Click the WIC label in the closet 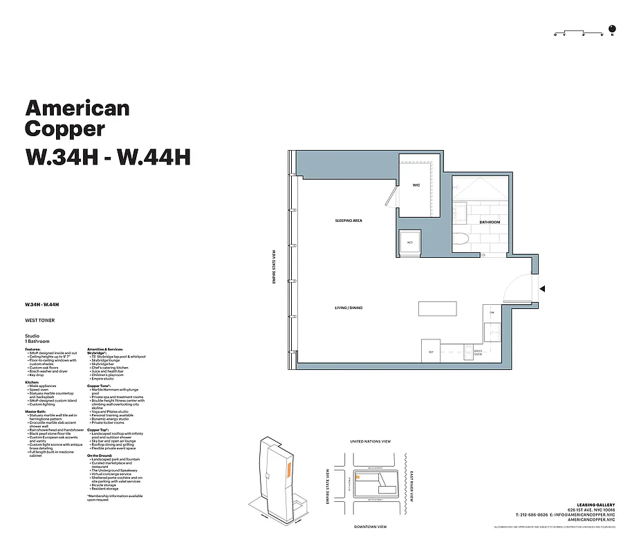[x=416, y=185]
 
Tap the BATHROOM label [x=490, y=222]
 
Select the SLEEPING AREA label [x=349, y=221]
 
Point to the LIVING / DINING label [x=349, y=308]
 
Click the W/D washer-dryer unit [x=409, y=243]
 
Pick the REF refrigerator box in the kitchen [x=431, y=352]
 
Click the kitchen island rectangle [x=438, y=308]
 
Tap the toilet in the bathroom [x=463, y=242]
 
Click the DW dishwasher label [x=492, y=312]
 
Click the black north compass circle [x=612, y=29]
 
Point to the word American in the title [x=77, y=108]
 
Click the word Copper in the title [x=65, y=129]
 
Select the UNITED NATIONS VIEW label [x=371, y=441]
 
